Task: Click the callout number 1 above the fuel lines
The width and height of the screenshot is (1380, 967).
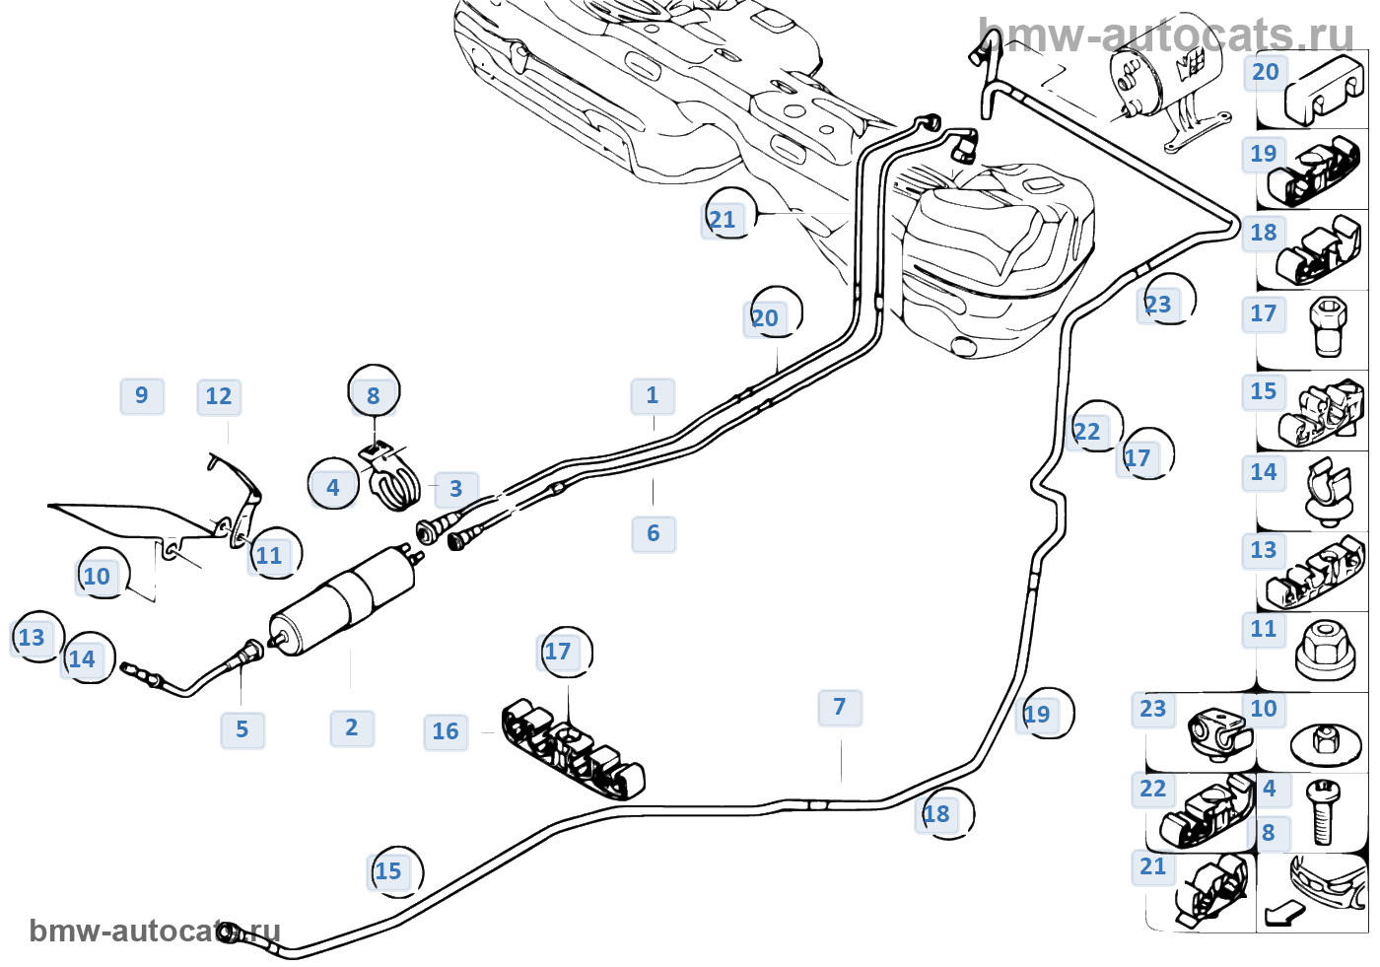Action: [x=653, y=396]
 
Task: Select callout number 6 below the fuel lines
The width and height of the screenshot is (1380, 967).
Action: [x=654, y=534]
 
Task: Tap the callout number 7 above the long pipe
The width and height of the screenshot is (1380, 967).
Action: [x=840, y=708]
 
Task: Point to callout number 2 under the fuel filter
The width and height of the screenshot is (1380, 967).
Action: [x=352, y=728]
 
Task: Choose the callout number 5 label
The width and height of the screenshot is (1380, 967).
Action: [x=242, y=730]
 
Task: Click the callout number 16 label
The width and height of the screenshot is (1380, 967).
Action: [x=446, y=732]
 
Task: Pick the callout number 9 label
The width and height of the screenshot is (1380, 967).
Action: [x=142, y=396]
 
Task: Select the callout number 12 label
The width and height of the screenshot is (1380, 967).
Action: [x=219, y=397]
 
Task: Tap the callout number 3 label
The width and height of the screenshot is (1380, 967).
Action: [x=455, y=489]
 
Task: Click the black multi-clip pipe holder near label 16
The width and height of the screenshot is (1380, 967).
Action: [x=572, y=749]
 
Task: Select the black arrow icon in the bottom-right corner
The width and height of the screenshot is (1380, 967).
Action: [x=1283, y=913]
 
